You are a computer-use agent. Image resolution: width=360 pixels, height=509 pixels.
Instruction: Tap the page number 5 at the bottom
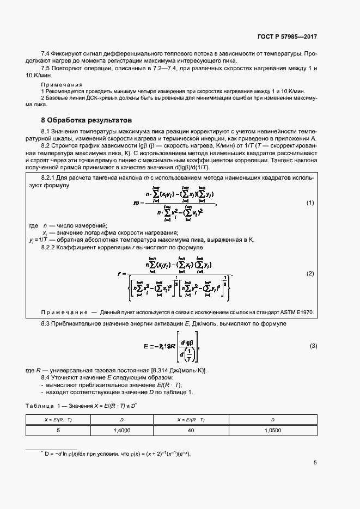[315, 463]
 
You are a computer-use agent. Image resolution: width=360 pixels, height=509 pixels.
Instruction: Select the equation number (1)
[310, 203]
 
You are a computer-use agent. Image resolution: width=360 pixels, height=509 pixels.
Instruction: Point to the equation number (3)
[313, 346]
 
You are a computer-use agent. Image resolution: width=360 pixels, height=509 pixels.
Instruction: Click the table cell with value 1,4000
[121, 430]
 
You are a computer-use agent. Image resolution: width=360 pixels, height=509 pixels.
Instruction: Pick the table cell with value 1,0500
[272, 430]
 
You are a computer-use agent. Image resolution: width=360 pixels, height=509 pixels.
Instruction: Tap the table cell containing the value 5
[58, 430]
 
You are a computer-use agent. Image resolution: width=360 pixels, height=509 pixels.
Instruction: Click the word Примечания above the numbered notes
[62, 85]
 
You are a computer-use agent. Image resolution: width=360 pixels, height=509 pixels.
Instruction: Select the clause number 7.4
[46, 54]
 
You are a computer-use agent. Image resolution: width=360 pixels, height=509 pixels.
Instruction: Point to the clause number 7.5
[46, 69]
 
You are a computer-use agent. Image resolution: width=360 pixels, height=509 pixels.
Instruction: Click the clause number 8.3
[46, 324]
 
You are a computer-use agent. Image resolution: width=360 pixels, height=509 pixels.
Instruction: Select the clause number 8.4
[46, 377]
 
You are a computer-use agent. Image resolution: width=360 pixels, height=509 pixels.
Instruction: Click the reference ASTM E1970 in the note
[297, 312]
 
